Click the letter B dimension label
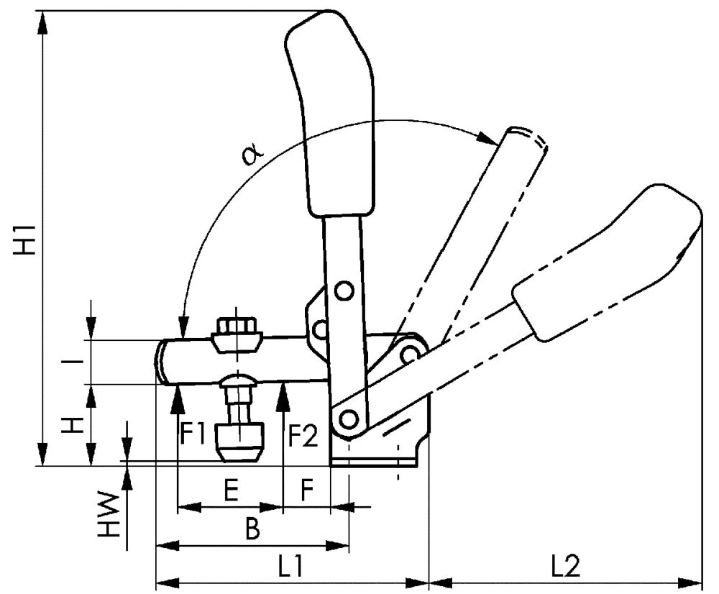click(x=251, y=530)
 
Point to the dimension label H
click(x=72, y=425)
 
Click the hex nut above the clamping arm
click(x=237, y=332)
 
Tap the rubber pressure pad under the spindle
click(x=239, y=442)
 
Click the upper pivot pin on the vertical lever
click(x=344, y=291)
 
